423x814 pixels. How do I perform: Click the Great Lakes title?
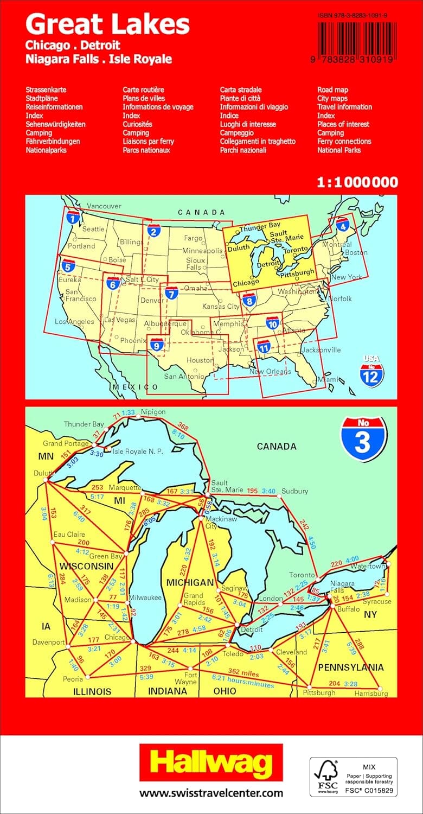click(x=107, y=24)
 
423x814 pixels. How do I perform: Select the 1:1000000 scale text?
click(x=357, y=182)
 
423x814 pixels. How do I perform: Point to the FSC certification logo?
click(x=353, y=777)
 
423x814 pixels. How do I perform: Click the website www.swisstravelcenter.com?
click(x=211, y=793)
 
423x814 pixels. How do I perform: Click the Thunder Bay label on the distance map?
click(x=84, y=424)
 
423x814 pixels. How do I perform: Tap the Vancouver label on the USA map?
click(x=104, y=206)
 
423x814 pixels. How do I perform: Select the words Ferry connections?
click(x=344, y=141)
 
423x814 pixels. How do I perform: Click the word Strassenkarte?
click(x=46, y=90)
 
